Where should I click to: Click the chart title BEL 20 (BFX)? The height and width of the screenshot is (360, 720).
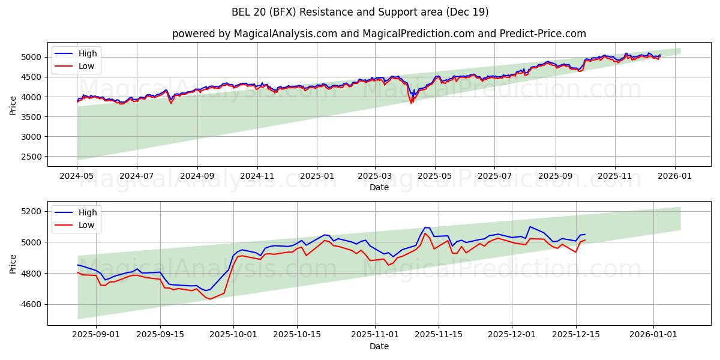pos(360,12)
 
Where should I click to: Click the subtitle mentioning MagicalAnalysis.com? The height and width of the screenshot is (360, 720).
pos(379,34)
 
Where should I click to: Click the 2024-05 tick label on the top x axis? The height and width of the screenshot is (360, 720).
pos(77,176)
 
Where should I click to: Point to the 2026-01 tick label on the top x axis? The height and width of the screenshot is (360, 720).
pos(675,176)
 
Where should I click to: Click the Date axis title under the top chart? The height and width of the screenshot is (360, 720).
pos(379,187)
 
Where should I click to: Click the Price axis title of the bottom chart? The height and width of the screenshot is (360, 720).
pos(13,263)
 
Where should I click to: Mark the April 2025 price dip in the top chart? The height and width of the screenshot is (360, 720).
pos(411,102)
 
